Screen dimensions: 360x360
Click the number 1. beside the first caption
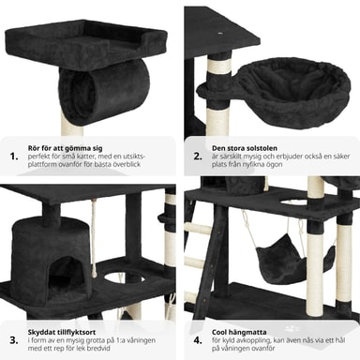coord(14,157)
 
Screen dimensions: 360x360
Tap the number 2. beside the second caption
coord(198,157)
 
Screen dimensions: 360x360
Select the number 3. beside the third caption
coord(14,340)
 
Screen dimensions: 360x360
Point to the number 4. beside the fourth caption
coord(198,340)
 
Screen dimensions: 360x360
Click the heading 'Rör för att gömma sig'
coord(65,148)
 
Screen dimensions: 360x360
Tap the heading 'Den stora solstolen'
coord(245,148)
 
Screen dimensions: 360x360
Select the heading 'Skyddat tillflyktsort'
coord(62,332)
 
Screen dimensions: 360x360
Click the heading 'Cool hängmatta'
coord(239,332)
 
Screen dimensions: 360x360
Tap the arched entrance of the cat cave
coord(64,271)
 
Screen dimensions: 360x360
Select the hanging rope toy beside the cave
coord(94,237)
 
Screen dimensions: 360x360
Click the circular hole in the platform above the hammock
coord(294,202)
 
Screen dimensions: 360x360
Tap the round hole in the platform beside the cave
coord(124,277)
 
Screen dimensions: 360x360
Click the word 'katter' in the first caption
coord(77,157)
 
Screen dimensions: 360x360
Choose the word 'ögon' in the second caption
coord(274,164)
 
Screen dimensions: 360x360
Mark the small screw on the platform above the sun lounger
coord(220,33)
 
